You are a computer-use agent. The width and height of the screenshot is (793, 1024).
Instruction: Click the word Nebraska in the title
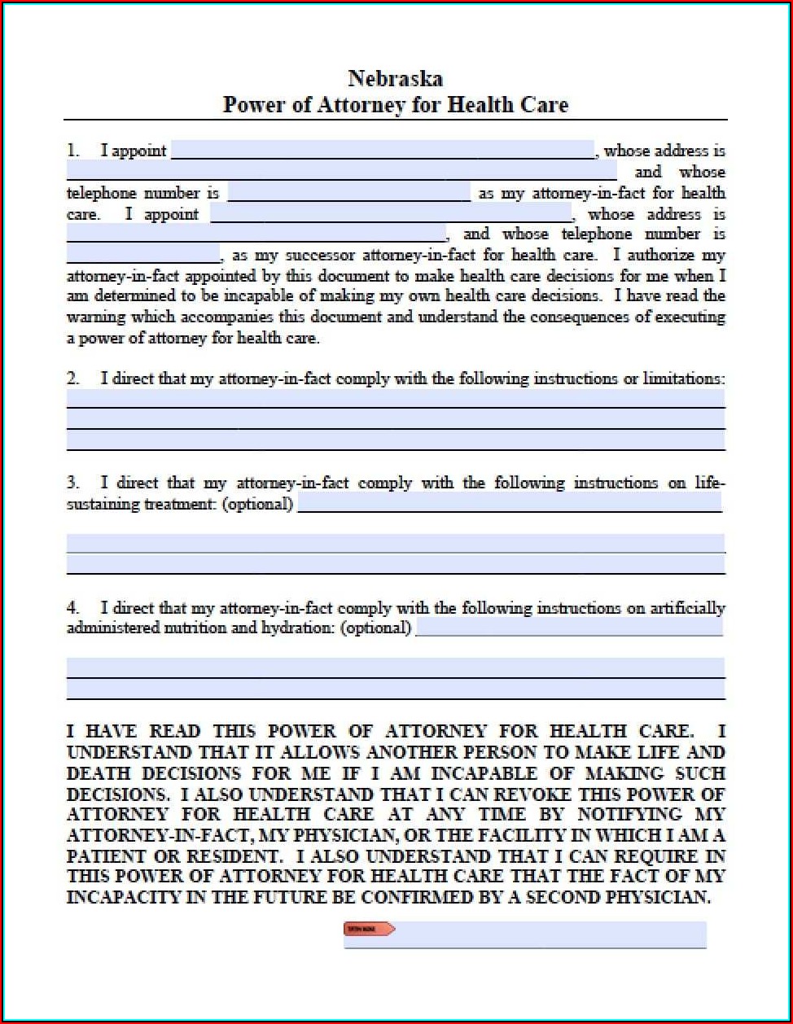[396, 78]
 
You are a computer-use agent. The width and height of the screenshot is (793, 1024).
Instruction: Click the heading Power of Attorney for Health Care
[396, 105]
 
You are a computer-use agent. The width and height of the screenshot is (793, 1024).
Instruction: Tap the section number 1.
[72, 151]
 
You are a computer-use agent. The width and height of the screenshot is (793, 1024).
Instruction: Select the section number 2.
[72, 379]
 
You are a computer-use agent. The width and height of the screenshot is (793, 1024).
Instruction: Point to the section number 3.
[72, 483]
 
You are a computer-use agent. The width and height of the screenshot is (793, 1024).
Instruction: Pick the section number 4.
[72, 608]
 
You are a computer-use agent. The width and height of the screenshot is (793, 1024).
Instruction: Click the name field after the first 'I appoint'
[383, 151]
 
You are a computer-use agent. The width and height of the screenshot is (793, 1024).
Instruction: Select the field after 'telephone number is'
[349, 194]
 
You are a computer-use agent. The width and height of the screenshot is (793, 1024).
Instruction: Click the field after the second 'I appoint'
[391, 215]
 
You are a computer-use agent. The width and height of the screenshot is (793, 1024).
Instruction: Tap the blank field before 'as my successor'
[143, 255]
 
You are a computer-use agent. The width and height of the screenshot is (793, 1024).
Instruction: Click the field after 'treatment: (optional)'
[510, 504]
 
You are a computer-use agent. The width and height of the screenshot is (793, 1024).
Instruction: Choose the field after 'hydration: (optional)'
[569, 628]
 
